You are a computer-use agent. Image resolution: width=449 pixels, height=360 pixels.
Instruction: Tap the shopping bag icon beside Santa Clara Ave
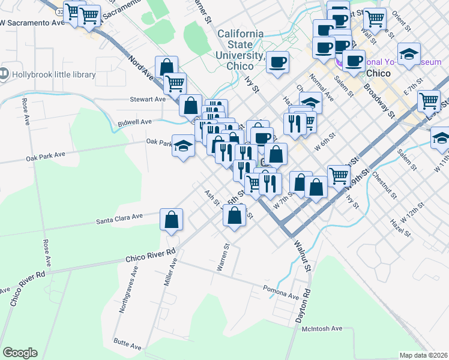click(x=171, y=220)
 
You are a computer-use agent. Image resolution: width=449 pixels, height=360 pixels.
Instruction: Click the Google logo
click(x=20, y=353)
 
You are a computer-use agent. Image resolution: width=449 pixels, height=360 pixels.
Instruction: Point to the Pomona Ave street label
click(x=280, y=292)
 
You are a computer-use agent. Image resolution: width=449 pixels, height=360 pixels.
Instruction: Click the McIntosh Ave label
click(x=322, y=329)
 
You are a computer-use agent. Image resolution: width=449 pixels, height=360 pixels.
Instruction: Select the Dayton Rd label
click(x=306, y=306)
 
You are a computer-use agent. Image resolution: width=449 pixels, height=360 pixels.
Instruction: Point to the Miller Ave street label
click(x=170, y=272)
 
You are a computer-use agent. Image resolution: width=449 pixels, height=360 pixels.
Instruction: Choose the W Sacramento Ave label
click(x=32, y=23)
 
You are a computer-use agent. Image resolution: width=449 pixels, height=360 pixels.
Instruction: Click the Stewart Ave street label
click(x=147, y=100)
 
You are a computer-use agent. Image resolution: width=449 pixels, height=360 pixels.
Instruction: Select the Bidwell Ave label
click(x=133, y=122)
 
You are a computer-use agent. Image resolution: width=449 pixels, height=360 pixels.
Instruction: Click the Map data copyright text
click(x=424, y=355)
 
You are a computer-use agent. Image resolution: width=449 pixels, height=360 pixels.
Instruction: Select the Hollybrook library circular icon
click(x=5, y=74)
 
